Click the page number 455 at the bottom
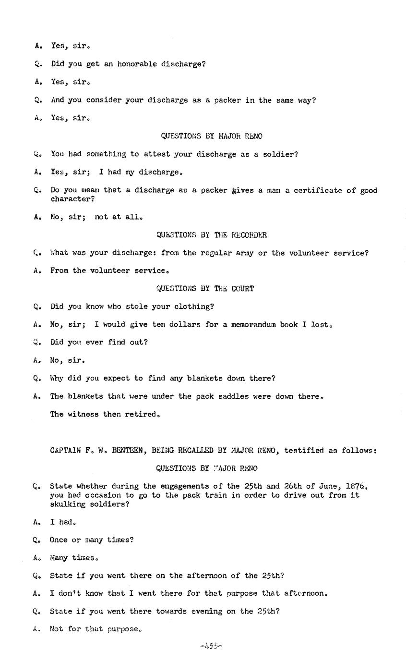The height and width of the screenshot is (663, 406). pos(211,646)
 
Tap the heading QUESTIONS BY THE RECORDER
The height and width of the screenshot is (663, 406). pos(211,235)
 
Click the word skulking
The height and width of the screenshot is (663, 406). pos(67,504)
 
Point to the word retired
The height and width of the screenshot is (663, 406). pos(142,414)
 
